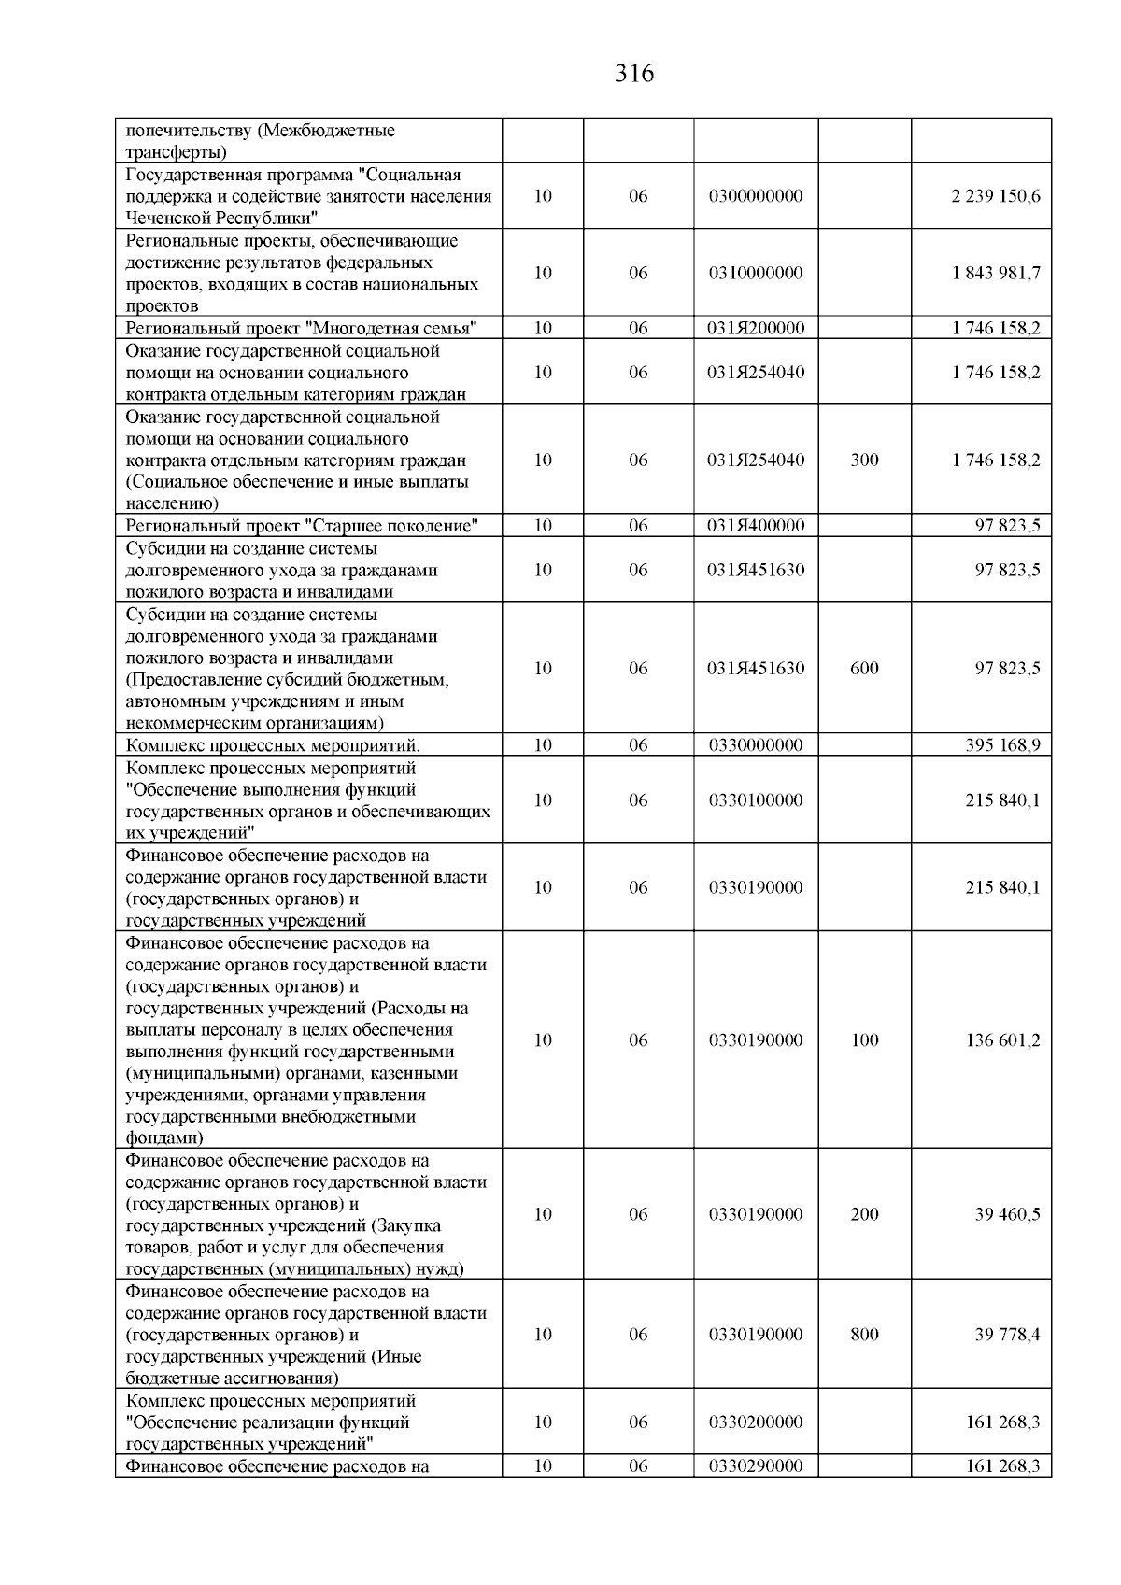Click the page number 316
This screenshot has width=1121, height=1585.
[634, 74]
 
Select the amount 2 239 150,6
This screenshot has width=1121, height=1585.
[996, 196]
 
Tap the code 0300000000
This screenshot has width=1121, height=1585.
[756, 196]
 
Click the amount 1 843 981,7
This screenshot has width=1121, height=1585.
[996, 273]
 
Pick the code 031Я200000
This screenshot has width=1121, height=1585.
[756, 328]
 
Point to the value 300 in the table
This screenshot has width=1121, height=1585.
[865, 460]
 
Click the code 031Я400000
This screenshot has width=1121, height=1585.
[756, 525]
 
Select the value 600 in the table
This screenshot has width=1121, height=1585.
[865, 668]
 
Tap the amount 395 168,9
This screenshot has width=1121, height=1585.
[1002, 744]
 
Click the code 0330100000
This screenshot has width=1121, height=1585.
[756, 800]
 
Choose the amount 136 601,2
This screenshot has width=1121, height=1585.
[1002, 1040]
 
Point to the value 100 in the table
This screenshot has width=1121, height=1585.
[865, 1040]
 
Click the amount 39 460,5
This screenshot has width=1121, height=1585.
[1007, 1214]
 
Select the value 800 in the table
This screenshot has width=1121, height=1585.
[865, 1334]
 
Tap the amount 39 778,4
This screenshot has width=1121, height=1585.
[1007, 1334]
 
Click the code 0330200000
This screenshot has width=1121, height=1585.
[756, 1422]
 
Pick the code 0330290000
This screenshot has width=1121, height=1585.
[756, 1466]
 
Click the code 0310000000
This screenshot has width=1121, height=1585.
[756, 273]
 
